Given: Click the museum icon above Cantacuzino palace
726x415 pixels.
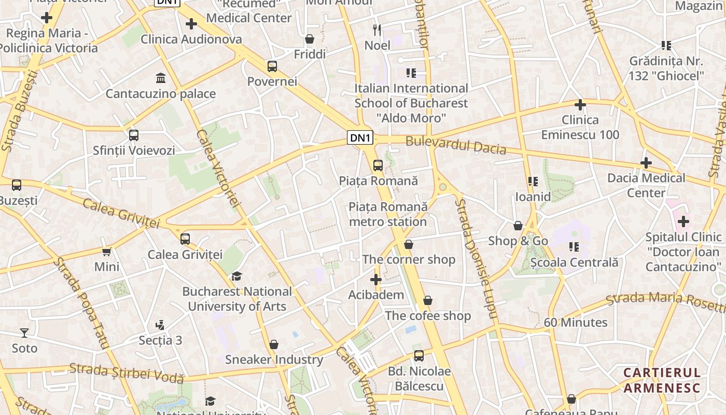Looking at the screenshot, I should tap(161, 78).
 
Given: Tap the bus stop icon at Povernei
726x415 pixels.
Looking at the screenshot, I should tap(272, 66).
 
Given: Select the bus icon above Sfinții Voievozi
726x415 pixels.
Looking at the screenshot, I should tap(134, 135).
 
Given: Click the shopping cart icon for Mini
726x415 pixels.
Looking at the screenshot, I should tap(107, 252).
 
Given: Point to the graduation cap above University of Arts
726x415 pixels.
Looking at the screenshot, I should tap(237, 276).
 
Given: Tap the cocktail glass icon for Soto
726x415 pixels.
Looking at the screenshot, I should tap(24, 333).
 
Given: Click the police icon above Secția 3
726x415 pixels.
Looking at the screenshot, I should tap(160, 325).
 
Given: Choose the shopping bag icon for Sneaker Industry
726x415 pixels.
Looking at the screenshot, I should tap(274, 344).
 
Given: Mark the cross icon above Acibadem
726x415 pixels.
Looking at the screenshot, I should tap(376, 280).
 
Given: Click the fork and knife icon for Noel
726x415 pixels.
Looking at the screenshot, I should tap(377, 30).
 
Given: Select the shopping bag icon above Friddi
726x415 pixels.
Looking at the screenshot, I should tap(310, 39).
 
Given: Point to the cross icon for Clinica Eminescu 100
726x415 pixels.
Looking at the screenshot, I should tap(580, 105).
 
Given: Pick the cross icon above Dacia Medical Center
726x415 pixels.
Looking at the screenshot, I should tap(646, 163).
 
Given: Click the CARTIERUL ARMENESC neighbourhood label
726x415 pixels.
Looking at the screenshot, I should tap(662, 380).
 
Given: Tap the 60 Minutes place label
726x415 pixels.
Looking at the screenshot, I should tap(575, 322).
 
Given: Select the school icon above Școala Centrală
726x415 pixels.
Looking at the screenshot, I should tap(574, 247).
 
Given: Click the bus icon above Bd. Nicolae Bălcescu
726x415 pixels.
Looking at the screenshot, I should tap(419, 356).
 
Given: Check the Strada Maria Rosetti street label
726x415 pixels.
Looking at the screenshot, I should tap(665, 300).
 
